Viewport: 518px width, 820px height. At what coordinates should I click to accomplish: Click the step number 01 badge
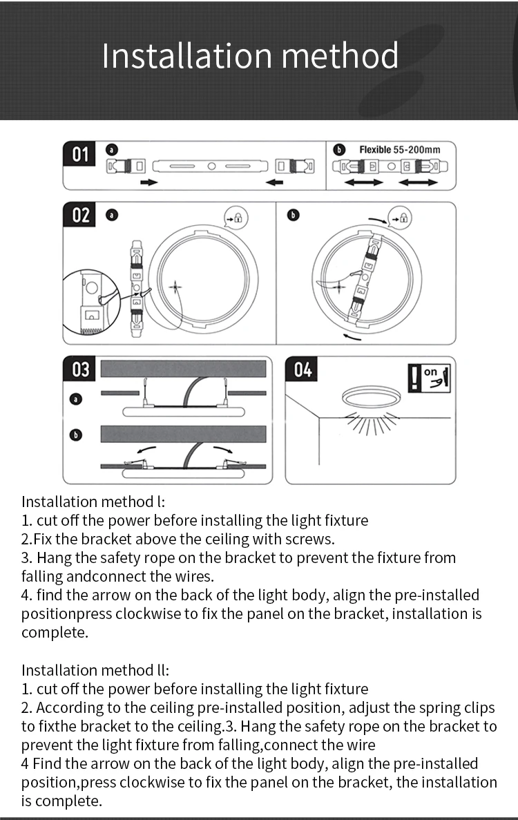click(x=81, y=154)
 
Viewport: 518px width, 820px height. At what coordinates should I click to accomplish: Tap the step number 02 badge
click(x=81, y=215)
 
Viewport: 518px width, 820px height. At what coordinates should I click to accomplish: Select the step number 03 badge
click(x=81, y=370)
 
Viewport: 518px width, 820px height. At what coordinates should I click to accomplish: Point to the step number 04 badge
click(x=303, y=370)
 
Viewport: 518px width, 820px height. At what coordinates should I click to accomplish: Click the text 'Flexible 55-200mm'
click(x=399, y=149)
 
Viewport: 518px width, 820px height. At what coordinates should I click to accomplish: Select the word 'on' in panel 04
click(x=431, y=372)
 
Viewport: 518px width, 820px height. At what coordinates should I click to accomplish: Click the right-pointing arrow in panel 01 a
click(x=148, y=182)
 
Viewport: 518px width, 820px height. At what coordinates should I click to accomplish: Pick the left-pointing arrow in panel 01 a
click(x=274, y=182)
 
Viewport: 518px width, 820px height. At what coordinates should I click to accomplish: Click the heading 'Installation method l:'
click(x=93, y=502)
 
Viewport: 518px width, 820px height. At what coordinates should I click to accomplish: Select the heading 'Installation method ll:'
click(x=95, y=670)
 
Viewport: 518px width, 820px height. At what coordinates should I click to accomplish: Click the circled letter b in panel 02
click(x=293, y=216)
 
